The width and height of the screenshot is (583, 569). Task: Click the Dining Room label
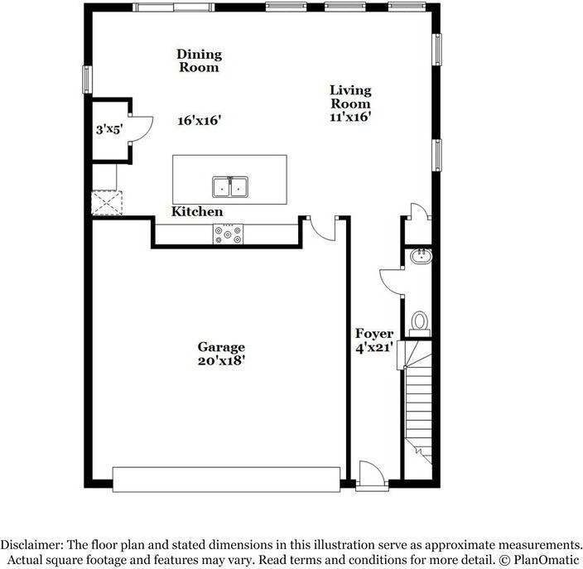[200, 60]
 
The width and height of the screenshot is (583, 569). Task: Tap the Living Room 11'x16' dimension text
[350, 117]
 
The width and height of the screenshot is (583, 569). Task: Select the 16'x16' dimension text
[200, 120]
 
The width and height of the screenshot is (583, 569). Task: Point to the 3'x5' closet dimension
[109, 129]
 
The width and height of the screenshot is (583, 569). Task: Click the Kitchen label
[197, 211]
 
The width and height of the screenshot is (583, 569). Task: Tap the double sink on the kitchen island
[230, 186]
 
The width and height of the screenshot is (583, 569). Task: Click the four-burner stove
[228, 234]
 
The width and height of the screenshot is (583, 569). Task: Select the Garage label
[221, 347]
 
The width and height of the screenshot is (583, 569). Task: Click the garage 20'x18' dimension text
[221, 361]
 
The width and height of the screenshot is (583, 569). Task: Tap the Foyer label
[374, 334]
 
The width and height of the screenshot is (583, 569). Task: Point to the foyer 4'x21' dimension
[374, 348]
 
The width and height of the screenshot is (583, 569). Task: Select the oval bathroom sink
[422, 257]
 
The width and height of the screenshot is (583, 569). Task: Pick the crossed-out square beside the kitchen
[107, 203]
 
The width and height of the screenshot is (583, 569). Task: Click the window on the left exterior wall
[87, 80]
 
